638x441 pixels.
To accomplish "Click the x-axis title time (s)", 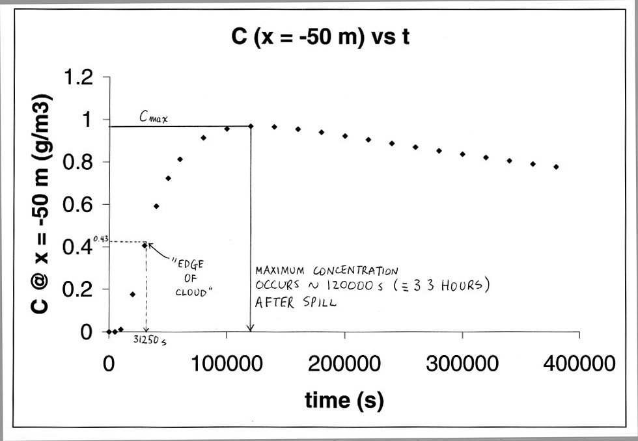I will (x=344, y=400).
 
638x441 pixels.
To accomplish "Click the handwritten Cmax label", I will (x=152, y=117).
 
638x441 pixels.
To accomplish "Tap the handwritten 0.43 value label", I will (x=100, y=239).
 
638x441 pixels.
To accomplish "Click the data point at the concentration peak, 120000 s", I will (x=251, y=126).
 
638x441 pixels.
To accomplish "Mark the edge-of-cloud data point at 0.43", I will (x=145, y=245).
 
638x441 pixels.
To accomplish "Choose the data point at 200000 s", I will (x=344, y=136).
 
